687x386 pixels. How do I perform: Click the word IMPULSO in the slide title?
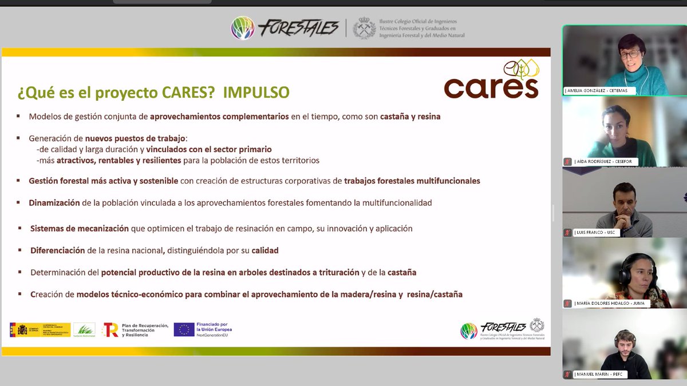(x=256, y=92)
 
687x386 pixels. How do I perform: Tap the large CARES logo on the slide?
(x=491, y=81)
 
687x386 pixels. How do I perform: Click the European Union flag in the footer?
(x=183, y=329)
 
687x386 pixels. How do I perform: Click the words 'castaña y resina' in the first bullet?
(x=410, y=117)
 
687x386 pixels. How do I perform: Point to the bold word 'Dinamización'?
(x=54, y=202)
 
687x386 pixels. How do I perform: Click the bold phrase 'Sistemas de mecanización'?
(x=80, y=228)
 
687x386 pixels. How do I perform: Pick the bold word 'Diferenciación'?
(x=58, y=250)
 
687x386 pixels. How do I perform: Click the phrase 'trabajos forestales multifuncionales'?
(x=412, y=181)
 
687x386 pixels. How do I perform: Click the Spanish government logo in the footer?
(x=40, y=329)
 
